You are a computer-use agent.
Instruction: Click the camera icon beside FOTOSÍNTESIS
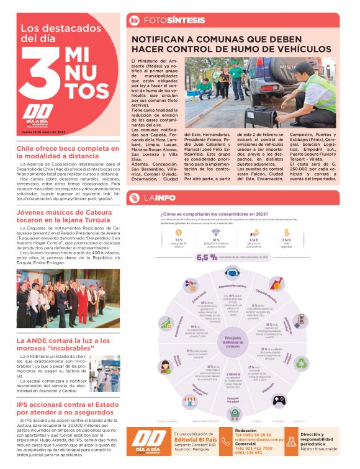coord(133,20)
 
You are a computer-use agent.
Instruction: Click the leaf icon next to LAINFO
coord(133,198)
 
